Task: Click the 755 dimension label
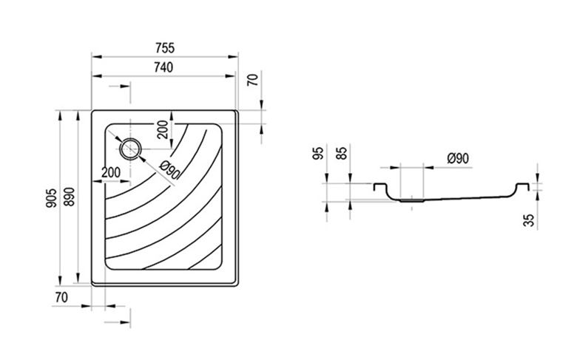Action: pos(165,48)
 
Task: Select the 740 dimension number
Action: pos(163,67)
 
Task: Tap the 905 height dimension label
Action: pos(52,198)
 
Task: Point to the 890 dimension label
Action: pos(70,197)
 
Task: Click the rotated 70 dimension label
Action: pos(253,80)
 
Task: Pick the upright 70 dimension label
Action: pos(61,297)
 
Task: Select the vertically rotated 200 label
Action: pos(162,129)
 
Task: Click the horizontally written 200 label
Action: pos(111,172)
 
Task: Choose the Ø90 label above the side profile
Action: pos(458,158)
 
